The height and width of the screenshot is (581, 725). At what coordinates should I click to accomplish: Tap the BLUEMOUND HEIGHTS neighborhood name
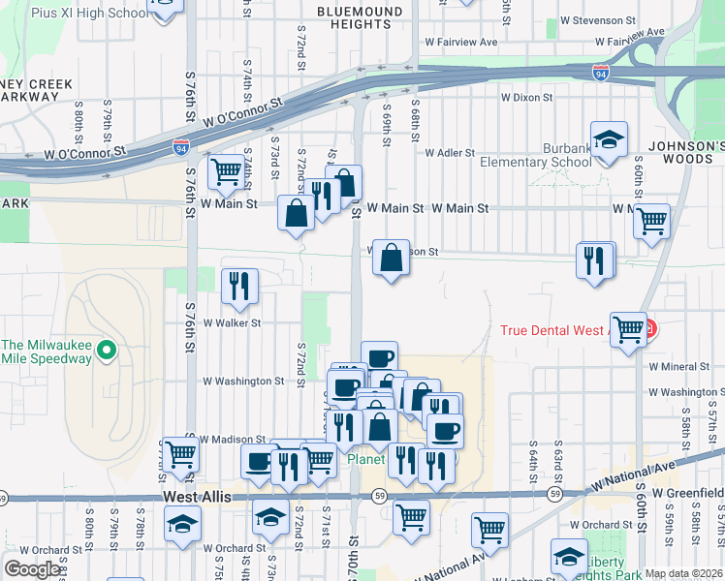[x=360, y=17]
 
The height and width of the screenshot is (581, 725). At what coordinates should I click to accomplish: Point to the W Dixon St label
[x=526, y=97]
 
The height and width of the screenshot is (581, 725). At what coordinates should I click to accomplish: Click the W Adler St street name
[x=450, y=153]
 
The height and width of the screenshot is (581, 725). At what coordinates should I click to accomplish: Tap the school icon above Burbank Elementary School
[x=609, y=140]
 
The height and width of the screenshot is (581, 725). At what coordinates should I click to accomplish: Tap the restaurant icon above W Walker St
[x=239, y=286]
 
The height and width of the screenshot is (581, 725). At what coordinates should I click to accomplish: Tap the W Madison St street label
[x=234, y=440]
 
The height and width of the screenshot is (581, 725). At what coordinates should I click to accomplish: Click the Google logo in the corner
[x=33, y=569]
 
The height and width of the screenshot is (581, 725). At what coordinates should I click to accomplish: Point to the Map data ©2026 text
[x=682, y=573]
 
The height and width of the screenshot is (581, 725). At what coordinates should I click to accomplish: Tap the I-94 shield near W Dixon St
[x=601, y=73]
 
